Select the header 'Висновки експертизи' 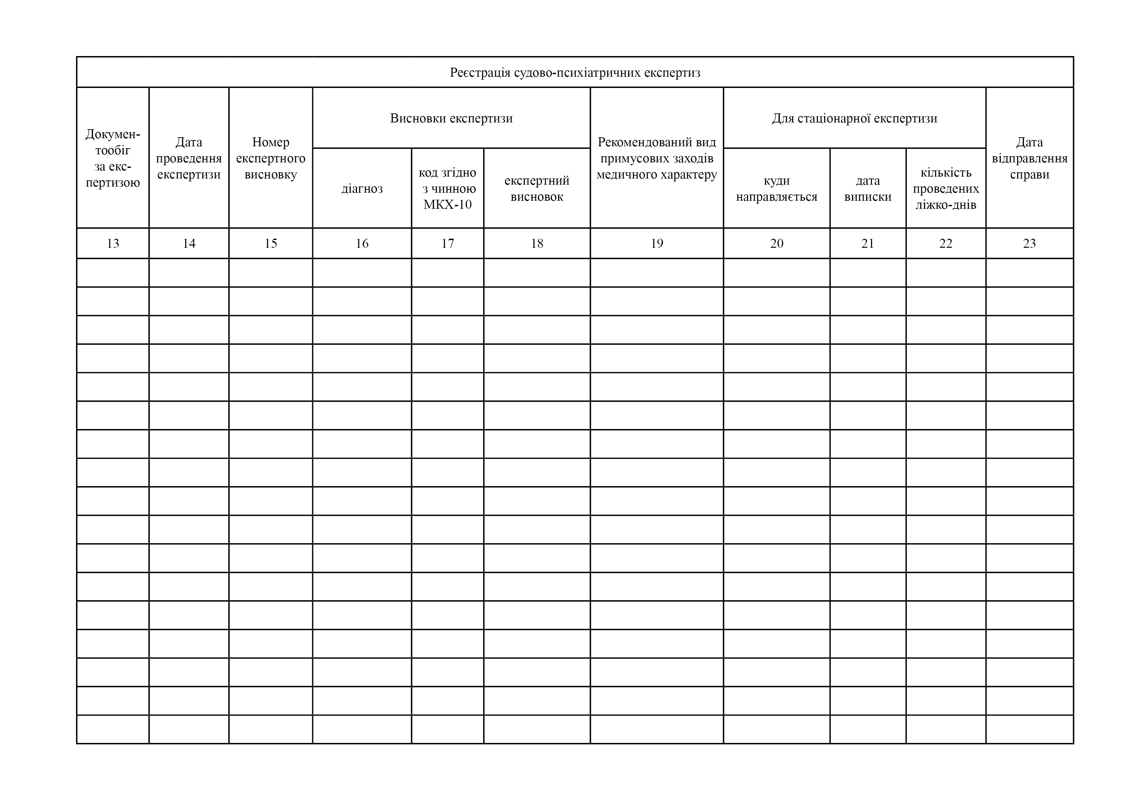click(451, 118)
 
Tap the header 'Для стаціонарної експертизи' click(854, 118)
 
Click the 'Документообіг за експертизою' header click(113, 158)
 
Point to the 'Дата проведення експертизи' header click(189, 158)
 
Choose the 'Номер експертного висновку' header click(271, 158)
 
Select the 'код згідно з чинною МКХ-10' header click(447, 188)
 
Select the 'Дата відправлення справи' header click(1029, 158)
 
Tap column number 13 click(113, 243)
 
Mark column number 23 click(1029, 243)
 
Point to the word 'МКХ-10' click(447, 204)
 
